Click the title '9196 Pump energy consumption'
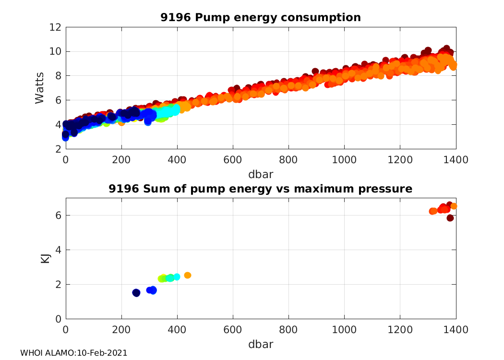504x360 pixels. (x=261, y=18)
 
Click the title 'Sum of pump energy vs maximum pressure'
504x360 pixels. (x=261, y=189)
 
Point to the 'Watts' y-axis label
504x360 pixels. (x=40, y=88)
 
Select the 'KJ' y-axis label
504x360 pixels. (x=46, y=258)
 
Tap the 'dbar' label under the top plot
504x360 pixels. (x=261, y=174)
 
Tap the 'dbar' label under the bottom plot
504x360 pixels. (x=261, y=344)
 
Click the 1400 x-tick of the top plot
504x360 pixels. (x=456, y=159)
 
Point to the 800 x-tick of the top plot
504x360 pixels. (x=288, y=159)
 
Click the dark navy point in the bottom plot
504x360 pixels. (x=136, y=293)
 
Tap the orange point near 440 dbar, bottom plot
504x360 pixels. (x=188, y=275)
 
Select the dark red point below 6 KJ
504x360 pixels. (x=450, y=218)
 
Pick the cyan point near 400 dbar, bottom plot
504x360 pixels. (x=177, y=277)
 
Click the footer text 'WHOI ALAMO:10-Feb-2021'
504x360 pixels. (x=73, y=353)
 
